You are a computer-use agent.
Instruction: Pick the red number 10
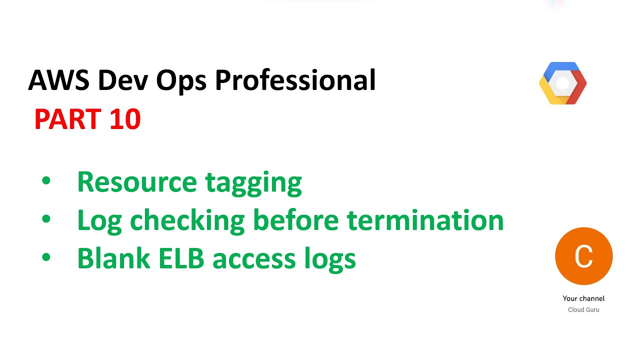click(x=125, y=120)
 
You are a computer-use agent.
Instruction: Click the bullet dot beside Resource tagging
click(x=46, y=181)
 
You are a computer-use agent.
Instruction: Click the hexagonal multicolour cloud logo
click(x=562, y=83)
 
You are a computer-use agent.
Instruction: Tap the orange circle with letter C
click(x=583, y=256)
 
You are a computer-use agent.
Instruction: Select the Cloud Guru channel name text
click(x=583, y=310)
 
